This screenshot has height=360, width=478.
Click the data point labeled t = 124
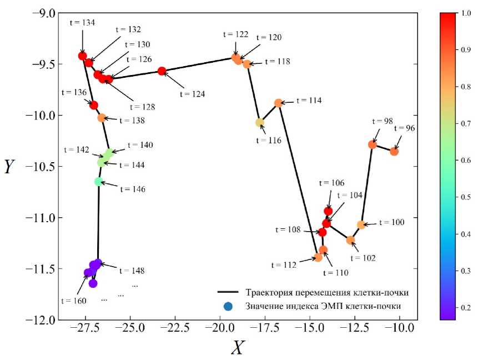[x=162, y=71]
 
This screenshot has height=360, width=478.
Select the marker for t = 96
[x=394, y=151]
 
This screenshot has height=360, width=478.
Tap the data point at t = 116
[x=259, y=123]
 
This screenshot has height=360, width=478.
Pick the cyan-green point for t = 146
[x=98, y=181]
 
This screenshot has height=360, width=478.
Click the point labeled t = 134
[x=83, y=56]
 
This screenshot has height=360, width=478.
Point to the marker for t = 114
[x=279, y=103]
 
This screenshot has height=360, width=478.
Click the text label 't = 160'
[x=74, y=301]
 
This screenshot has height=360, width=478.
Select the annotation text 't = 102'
[x=362, y=258]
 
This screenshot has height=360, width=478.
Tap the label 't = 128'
[x=142, y=107]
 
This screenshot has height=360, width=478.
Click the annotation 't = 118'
[x=276, y=62]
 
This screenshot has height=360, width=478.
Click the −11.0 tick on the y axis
[x=42, y=218]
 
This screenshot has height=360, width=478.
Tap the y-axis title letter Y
[x=9, y=167]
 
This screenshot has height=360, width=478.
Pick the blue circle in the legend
[x=227, y=306]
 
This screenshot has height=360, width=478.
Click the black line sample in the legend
[x=227, y=292]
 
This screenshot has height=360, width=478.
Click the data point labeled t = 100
[x=361, y=225]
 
